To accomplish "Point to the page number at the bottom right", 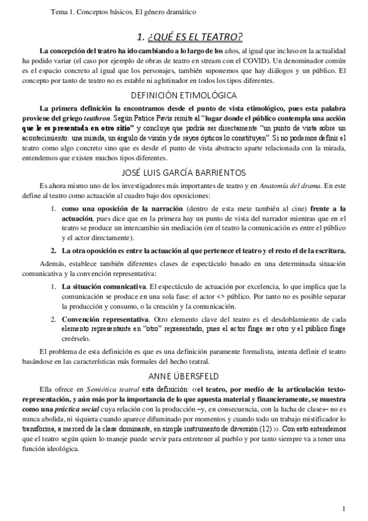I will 345,508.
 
